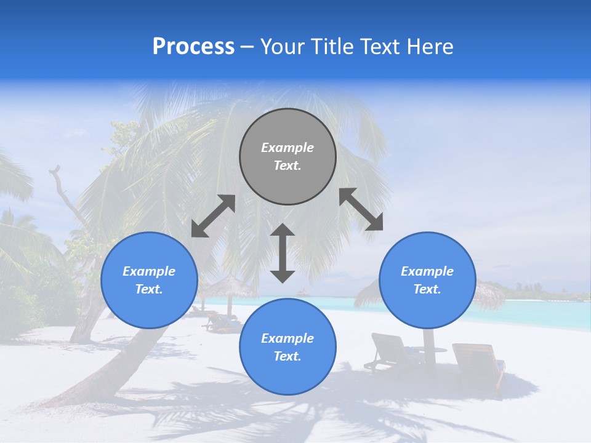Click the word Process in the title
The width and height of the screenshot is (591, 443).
point(193,47)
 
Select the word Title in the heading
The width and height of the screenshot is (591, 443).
point(332,47)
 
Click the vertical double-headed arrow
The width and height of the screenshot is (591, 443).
point(283,253)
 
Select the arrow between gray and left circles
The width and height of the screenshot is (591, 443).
point(213,216)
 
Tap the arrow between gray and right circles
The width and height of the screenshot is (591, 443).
point(361,209)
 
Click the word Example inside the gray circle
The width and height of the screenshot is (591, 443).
point(287,148)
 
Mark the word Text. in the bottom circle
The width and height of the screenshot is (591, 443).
point(287,356)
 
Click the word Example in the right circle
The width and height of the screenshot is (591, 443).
point(427,271)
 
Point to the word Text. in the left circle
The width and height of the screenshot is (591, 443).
point(149,289)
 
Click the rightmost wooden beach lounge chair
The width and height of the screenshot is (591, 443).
point(479,363)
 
